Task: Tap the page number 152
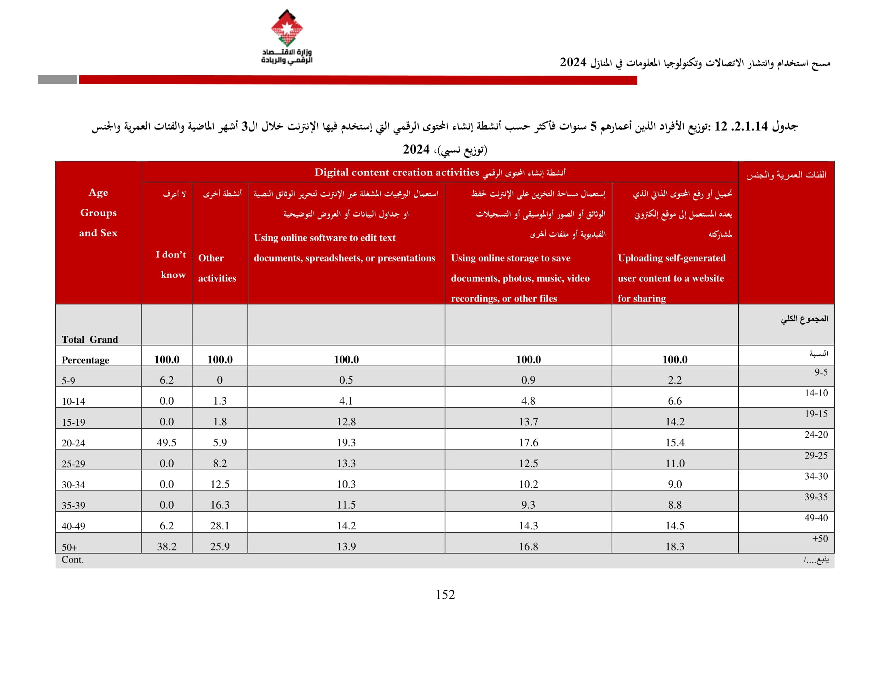tap(445, 595)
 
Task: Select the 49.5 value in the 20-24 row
tap(166, 443)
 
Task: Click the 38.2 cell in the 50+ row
tap(166, 547)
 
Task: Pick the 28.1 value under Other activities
tap(220, 526)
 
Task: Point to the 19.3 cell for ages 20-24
tap(346, 443)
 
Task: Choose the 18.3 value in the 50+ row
tap(675, 547)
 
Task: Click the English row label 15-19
tap(73, 422)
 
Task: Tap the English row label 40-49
tap(73, 526)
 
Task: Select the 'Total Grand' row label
tap(90, 340)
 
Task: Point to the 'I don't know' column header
tap(171, 264)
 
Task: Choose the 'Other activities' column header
tap(217, 268)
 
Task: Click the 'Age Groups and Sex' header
tap(98, 212)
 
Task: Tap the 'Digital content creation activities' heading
tap(396, 172)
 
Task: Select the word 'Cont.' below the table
tap(72, 560)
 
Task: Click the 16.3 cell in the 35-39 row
tap(220, 505)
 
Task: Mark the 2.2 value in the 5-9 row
tap(675, 380)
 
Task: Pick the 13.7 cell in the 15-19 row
tap(528, 422)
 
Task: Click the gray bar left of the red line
tap(57, 79)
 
